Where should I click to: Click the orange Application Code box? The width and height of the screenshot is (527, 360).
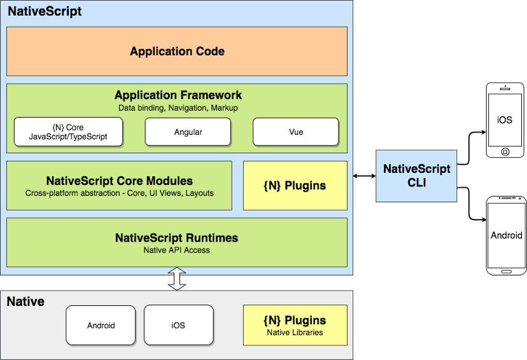[x=177, y=52]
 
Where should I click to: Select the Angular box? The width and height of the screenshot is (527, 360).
[x=188, y=132]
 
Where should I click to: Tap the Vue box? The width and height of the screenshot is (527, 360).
[x=295, y=132]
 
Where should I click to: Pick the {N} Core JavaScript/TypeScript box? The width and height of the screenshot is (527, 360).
[x=68, y=132]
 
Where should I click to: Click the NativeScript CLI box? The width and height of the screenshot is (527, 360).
[x=416, y=175]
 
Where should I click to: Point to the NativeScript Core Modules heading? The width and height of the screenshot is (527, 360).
[x=120, y=181]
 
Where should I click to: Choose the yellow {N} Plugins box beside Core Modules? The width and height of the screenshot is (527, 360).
[x=295, y=186]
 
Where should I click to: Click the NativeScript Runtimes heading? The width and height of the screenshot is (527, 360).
[x=177, y=238]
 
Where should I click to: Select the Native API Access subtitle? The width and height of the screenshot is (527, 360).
[x=177, y=250]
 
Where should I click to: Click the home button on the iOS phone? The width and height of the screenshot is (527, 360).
[x=505, y=151]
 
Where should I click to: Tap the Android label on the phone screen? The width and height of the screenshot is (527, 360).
[x=506, y=235]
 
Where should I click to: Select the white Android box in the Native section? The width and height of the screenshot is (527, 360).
[x=101, y=325]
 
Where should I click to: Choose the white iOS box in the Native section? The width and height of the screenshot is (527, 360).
[x=178, y=325]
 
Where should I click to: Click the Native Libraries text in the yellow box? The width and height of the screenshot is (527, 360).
[x=295, y=332]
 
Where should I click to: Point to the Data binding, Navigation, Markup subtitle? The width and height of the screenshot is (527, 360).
[x=178, y=108]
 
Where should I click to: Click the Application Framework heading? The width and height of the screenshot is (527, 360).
[x=178, y=95]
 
